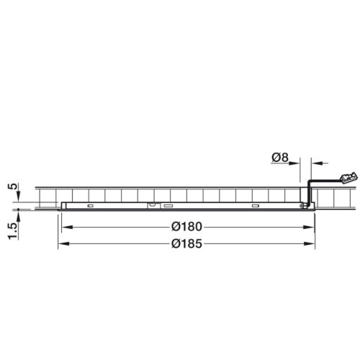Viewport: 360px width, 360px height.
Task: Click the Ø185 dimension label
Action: pyautogui.click(x=187, y=245)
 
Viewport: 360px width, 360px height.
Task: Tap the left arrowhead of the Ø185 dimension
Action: pyautogui.click(x=60, y=245)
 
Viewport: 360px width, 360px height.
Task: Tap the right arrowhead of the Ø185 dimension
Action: pyautogui.click(x=312, y=245)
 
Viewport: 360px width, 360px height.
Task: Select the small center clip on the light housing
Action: pyautogui.click(x=153, y=206)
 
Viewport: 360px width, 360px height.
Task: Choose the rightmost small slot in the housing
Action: pyautogui.click(x=254, y=207)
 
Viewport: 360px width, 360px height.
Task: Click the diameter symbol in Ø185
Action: pyautogui.click(x=176, y=245)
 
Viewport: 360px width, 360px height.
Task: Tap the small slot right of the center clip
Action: pyautogui.click(x=168, y=207)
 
